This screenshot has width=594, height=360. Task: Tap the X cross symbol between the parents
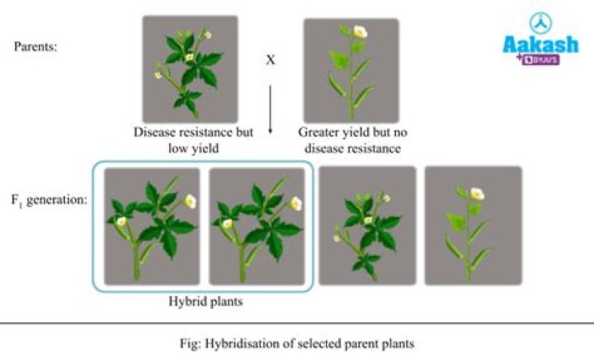pos(270,61)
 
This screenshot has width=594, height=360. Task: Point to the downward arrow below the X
pos(270,103)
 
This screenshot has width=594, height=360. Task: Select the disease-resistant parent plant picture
pos(190,70)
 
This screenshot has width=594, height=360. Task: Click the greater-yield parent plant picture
pos(351,71)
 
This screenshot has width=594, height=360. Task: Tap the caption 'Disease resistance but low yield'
pos(193,140)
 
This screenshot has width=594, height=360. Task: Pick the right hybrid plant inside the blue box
pos(257,226)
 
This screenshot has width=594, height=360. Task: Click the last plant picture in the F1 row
pos(473,225)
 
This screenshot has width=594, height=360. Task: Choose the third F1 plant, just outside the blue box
pos(367,225)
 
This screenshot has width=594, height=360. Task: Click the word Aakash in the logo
pos(540,45)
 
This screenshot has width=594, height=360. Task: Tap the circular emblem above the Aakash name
pos(540,23)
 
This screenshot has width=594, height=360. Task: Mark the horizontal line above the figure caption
pos(297,323)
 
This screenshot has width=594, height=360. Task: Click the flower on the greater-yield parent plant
pos(360,31)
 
